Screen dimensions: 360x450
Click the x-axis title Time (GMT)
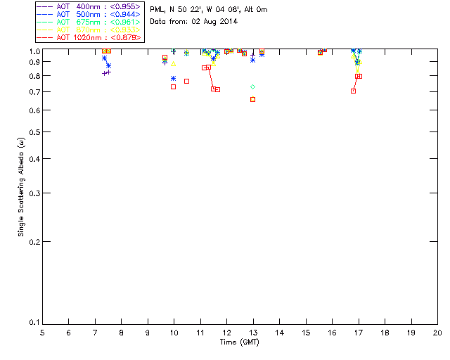(x=239, y=342)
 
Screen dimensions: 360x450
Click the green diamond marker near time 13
(x=253, y=86)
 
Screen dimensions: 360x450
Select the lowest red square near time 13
(x=253, y=99)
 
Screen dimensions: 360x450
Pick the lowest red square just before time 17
(x=353, y=91)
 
